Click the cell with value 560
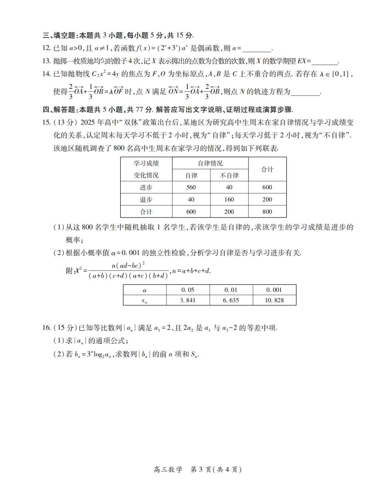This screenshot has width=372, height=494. coord(191,187)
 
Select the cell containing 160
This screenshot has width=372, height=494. coord(229,199)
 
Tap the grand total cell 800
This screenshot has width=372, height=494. coord(267,212)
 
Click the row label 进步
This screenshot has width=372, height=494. coord(146,187)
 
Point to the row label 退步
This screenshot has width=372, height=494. coord(146,199)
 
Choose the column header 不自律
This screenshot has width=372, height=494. coord(229,175)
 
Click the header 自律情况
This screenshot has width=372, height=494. coord(210,163)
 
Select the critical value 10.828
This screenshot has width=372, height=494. coord(275,300)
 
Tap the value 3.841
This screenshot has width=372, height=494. coord(188,300)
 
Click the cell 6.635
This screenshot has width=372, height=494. coord(231,300)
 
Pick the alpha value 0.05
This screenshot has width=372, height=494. coord(188,290)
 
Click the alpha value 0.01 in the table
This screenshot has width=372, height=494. coord(231,290)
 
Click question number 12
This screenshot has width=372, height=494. coord(46,48)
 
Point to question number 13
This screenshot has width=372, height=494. coord(46,61)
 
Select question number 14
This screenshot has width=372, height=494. coord(46,74)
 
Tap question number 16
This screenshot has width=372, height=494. coord(46,328)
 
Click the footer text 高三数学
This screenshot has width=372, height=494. coord(168,470)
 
